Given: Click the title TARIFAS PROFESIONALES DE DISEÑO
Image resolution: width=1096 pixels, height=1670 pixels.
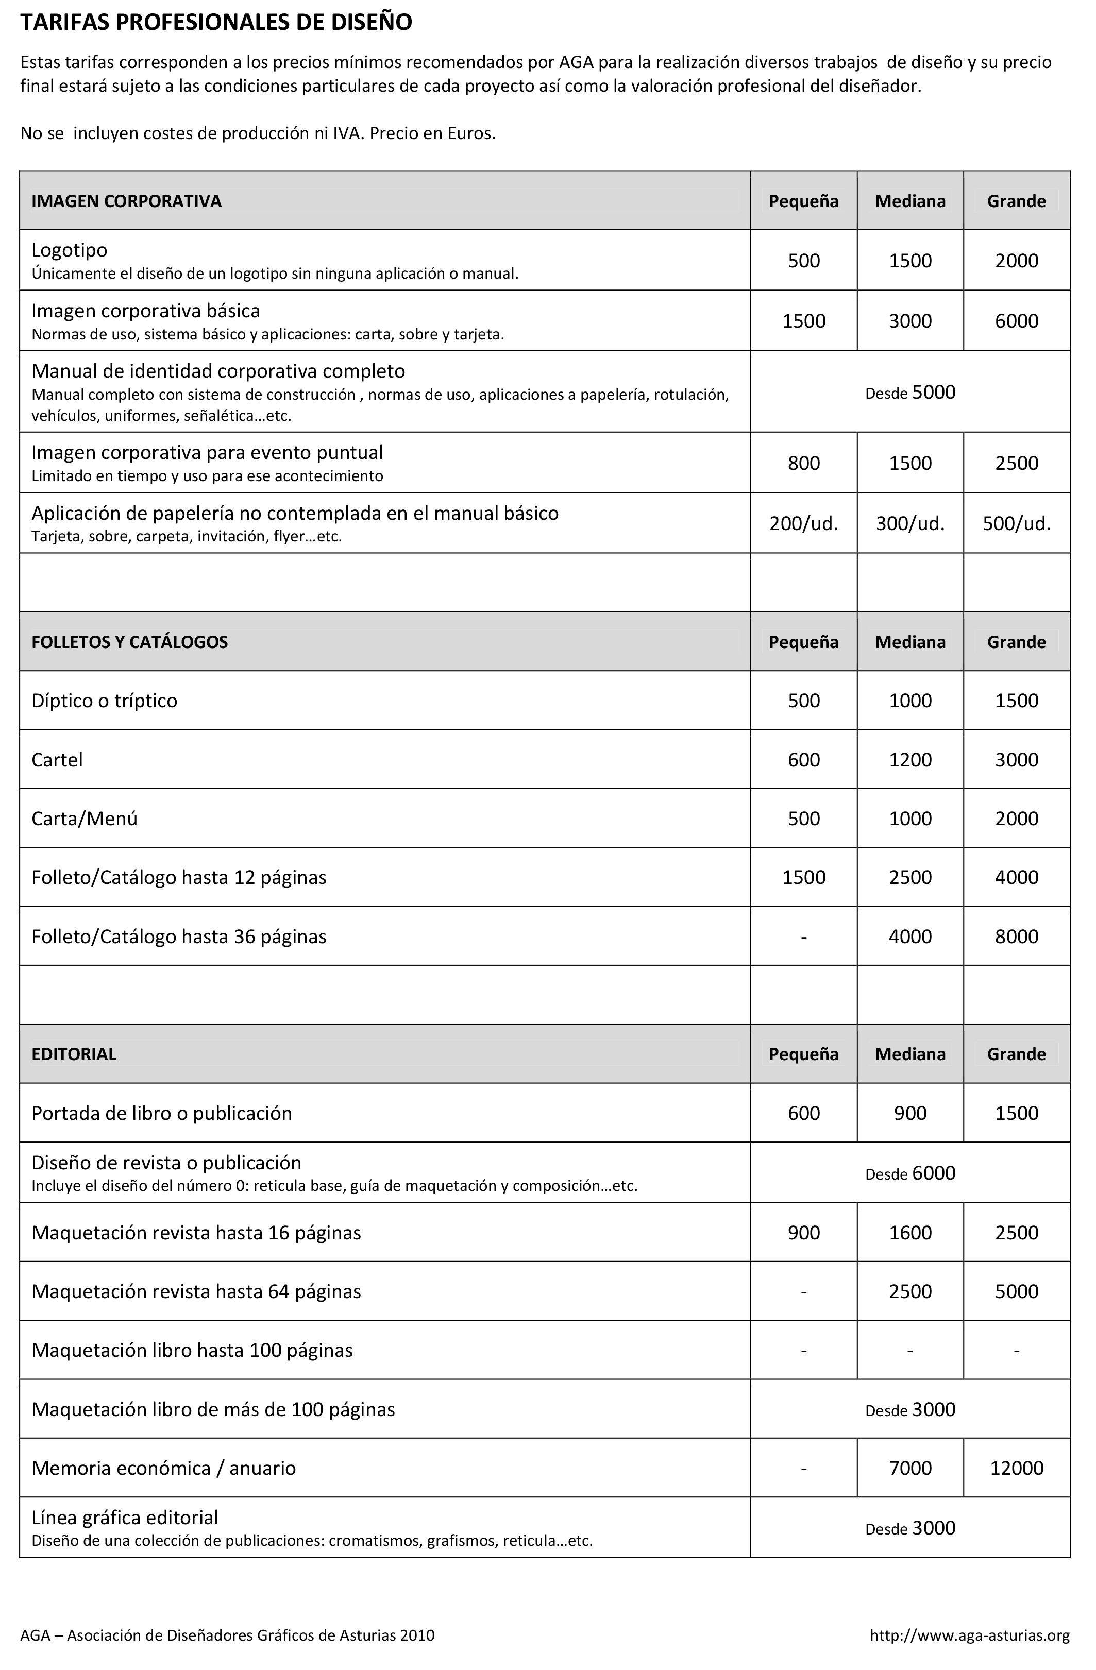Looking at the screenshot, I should (215, 23).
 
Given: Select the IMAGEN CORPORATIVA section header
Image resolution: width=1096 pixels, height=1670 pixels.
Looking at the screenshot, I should (126, 201).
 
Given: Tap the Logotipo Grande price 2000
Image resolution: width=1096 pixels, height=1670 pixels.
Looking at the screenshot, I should (1016, 261).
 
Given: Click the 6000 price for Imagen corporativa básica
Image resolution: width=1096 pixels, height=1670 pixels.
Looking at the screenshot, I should (1016, 321).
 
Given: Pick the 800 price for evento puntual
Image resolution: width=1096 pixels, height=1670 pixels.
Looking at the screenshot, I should (803, 463).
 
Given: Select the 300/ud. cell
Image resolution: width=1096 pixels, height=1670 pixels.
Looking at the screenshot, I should (910, 523).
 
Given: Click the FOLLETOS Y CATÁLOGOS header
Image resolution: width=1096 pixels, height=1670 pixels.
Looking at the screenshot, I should (130, 642).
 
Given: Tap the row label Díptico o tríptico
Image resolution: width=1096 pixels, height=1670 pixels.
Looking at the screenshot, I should (105, 701).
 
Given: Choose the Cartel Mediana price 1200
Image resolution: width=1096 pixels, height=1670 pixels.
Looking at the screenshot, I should (910, 760).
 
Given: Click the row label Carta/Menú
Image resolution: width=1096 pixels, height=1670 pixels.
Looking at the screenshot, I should (85, 819).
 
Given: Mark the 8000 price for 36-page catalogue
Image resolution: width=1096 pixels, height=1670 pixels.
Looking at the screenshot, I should (1016, 937).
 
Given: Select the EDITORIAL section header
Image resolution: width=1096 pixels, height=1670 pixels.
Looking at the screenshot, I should (74, 1054).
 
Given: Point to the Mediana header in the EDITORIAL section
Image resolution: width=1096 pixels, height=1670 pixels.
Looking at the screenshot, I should (910, 1054).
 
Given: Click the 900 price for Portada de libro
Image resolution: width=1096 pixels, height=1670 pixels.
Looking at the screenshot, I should (910, 1114).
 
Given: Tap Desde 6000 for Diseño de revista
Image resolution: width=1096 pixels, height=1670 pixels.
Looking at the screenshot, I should (910, 1173).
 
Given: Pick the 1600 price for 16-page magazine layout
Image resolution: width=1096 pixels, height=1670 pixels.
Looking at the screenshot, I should (910, 1233).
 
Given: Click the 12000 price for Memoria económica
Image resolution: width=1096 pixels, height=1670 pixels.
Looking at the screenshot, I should (1016, 1469).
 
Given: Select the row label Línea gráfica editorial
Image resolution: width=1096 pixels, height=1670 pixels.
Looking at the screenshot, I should (125, 1518).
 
